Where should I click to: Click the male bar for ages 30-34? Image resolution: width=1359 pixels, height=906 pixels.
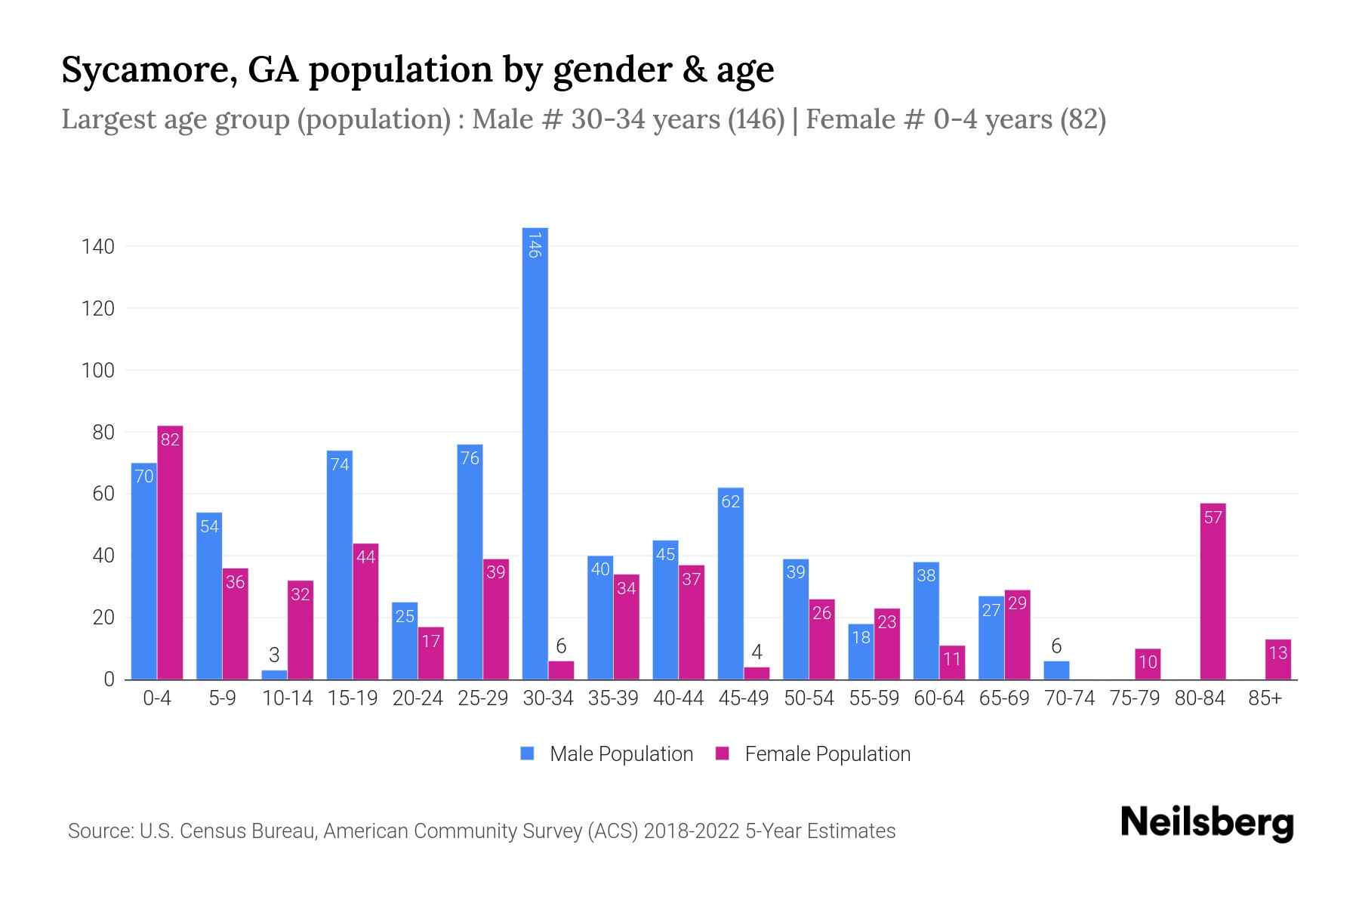535,453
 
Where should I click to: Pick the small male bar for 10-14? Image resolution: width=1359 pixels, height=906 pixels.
274,674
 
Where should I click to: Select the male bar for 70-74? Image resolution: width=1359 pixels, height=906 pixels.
1056,670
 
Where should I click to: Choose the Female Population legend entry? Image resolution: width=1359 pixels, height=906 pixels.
813,753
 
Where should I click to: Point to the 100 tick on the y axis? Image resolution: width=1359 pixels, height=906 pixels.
98,371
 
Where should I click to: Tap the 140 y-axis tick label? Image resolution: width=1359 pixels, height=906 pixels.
98,247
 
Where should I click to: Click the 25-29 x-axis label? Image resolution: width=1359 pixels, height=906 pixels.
482,698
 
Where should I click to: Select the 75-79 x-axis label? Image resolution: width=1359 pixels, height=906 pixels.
1134,698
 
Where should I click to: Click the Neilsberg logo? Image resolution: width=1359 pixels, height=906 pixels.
1206,823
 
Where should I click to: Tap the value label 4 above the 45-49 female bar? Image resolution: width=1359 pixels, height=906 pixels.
757,652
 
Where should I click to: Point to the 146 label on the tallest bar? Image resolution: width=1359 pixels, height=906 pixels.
535,245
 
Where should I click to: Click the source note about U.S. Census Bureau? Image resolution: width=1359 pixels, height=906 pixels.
481,831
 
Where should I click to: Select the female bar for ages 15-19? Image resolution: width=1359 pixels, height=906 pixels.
365,612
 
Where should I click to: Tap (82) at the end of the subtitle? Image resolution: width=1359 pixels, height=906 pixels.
1083,119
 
